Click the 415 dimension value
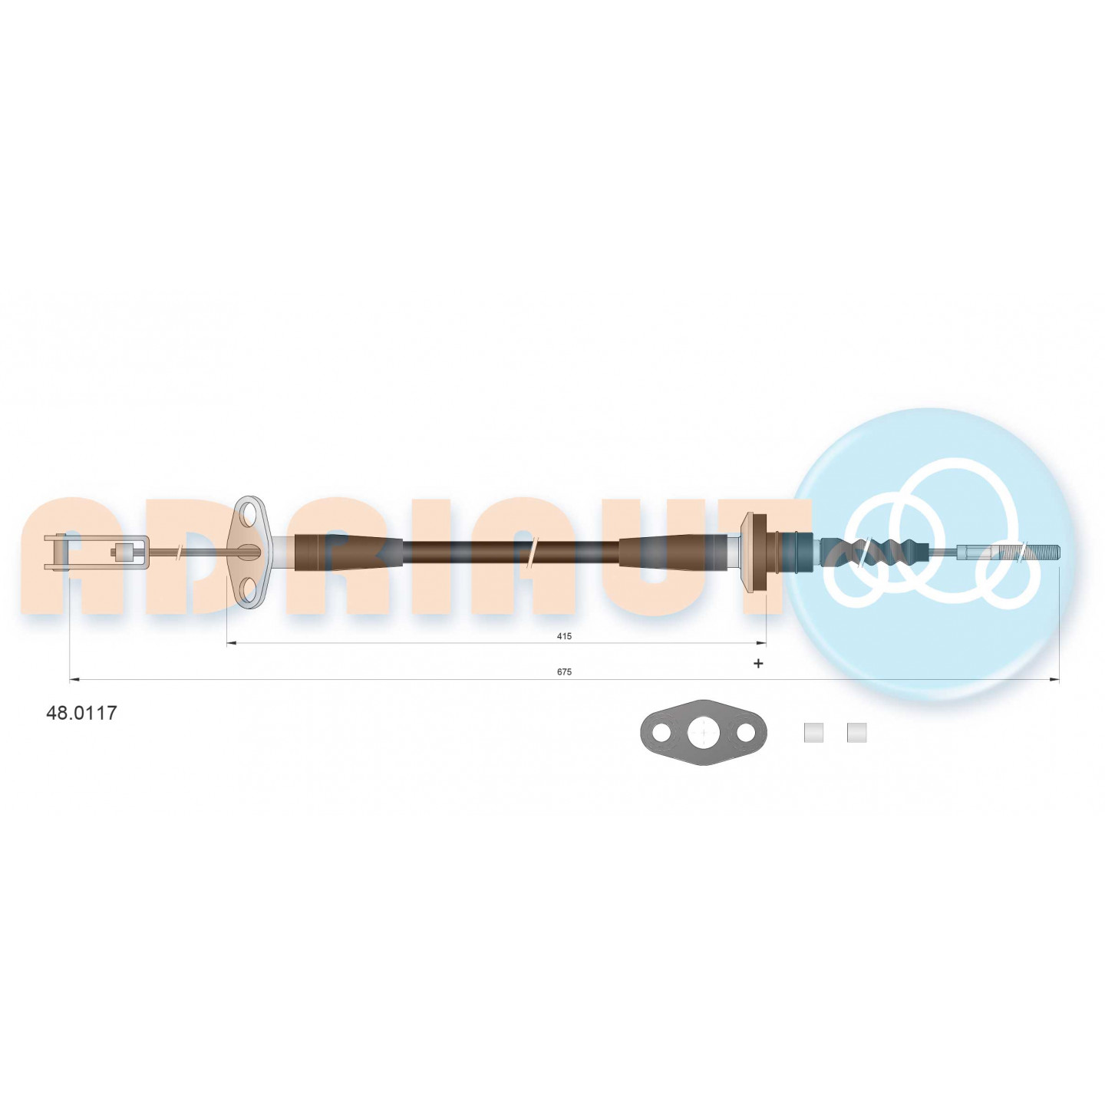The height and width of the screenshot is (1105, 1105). pyautogui.click(x=564, y=636)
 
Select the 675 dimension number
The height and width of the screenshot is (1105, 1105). pyautogui.click(x=564, y=672)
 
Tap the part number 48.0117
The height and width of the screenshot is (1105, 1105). pyautogui.click(x=81, y=713)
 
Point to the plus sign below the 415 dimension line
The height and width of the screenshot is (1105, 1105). pyautogui.click(x=758, y=664)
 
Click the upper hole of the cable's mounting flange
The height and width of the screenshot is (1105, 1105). pyautogui.click(x=249, y=514)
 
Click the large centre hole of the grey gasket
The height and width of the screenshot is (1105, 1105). pyautogui.click(x=702, y=732)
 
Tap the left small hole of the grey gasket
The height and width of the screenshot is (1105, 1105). pyautogui.click(x=661, y=732)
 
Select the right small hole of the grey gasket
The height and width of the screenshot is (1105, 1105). pyautogui.click(x=746, y=732)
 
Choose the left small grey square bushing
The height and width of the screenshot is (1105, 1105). pyautogui.click(x=813, y=732)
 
